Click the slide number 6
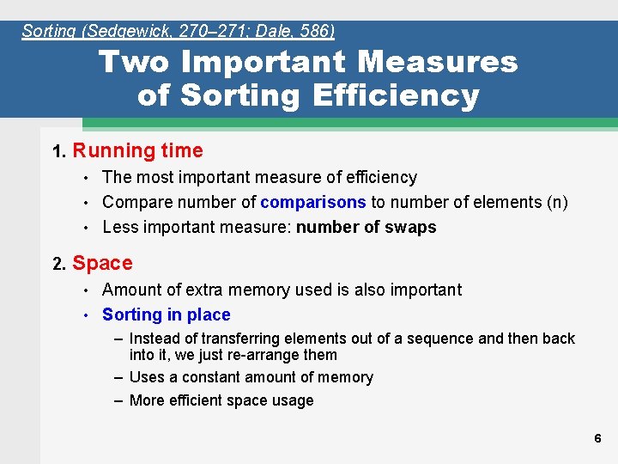(x=597, y=438)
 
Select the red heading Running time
(x=137, y=151)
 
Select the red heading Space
(x=102, y=264)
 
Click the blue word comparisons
(x=313, y=203)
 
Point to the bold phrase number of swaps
(x=366, y=228)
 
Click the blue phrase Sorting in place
(x=166, y=315)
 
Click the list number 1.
(x=58, y=152)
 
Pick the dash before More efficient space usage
(x=119, y=400)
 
